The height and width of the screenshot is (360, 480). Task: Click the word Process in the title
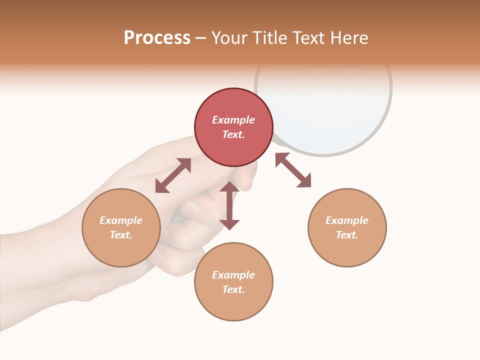pyautogui.click(x=157, y=38)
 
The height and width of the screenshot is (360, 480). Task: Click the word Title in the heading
pyautogui.click(x=269, y=38)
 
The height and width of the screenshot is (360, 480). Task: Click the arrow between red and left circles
pyautogui.click(x=173, y=175)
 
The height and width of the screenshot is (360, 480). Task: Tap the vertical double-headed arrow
pyautogui.click(x=229, y=205)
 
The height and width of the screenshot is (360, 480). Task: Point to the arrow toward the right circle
pyautogui.click(x=293, y=170)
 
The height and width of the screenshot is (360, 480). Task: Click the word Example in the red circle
pyautogui.click(x=233, y=120)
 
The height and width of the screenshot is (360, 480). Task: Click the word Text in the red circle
pyautogui.click(x=233, y=134)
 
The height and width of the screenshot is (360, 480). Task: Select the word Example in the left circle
pyautogui.click(x=121, y=220)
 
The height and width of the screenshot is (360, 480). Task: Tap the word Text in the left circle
pyautogui.click(x=121, y=235)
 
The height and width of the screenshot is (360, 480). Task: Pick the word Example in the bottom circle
pyautogui.click(x=233, y=275)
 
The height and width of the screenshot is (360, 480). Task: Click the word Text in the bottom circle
pyautogui.click(x=233, y=289)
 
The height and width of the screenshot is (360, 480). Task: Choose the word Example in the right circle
pyautogui.click(x=347, y=220)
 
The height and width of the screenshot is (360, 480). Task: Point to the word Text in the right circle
pyautogui.click(x=347, y=235)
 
